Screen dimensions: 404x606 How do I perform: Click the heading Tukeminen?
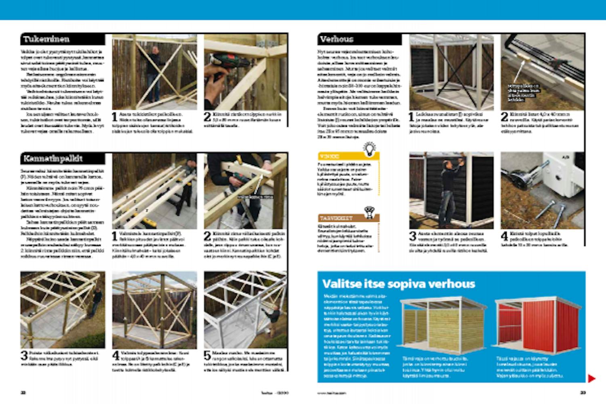(x=46, y=39)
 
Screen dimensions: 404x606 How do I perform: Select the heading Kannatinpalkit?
(x=53, y=158)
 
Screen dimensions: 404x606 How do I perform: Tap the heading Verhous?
(x=337, y=39)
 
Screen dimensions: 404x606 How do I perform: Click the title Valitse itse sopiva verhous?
(x=398, y=284)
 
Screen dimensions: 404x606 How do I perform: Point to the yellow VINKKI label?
(x=330, y=156)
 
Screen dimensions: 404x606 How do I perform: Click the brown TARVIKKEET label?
(x=336, y=218)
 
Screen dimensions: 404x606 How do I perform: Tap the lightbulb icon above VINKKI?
(x=370, y=148)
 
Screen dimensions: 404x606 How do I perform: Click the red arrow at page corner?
(x=591, y=379)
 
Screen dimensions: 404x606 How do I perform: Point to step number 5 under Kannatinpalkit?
(x=208, y=356)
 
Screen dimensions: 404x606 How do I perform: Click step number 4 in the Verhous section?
(x=505, y=236)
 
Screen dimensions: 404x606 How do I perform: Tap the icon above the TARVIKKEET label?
(x=368, y=211)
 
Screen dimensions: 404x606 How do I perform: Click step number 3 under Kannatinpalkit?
(x=24, y=356)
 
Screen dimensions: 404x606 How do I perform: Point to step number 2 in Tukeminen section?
(x=208, y=117)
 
